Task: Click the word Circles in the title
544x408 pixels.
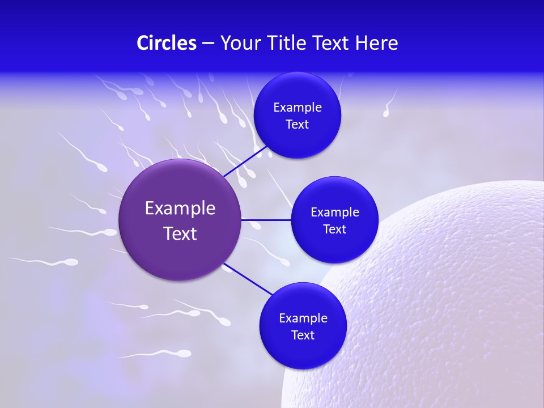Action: coord(166,43)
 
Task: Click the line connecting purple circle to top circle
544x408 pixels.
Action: coord(245,161)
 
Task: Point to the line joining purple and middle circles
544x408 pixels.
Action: coord(266,219)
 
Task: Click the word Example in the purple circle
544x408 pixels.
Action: coord(180,209)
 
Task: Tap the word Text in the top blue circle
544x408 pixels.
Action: coord(297,125)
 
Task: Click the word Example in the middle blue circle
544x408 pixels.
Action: coord(335,212)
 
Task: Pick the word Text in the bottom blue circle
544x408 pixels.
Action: coord(303,335)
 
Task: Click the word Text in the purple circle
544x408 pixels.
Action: coord(180,233)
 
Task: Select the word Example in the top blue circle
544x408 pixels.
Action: coord(297,108)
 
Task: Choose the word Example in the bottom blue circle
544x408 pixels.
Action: coord(303,318)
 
